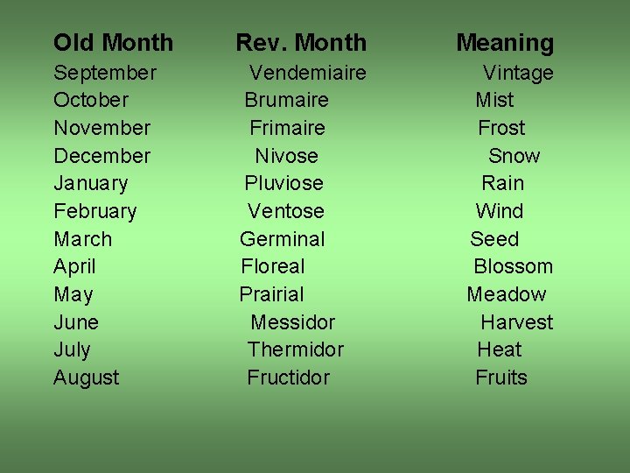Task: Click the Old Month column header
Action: (113, 42)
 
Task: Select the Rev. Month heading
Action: (301, 42)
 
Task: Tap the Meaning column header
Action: (505, 42)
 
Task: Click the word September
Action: (105, 73)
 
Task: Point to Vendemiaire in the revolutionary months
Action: (308, 73)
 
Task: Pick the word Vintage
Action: (518, 73)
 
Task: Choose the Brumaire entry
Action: (286, 100)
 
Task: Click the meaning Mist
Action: (494, 100)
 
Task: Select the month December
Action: (101, 156)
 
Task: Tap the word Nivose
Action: (286, 156)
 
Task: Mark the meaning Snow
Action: (514, 156)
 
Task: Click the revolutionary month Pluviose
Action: (283, 183)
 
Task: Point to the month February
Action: (94, 211)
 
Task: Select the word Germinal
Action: (282, 239)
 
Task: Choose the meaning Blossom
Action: (513, 266)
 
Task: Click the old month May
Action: (73, 294)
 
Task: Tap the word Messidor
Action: (292, 322)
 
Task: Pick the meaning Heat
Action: (499, 349)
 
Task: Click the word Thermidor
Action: (295, 349)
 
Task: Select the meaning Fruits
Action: (500, 378)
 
